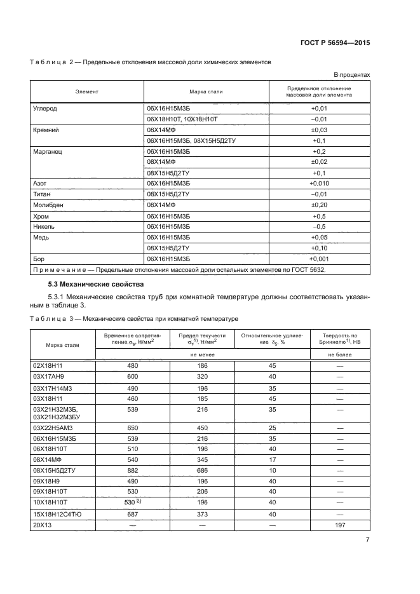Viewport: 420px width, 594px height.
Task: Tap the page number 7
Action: [367, 540]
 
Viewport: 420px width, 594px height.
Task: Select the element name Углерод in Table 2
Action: [44, 109]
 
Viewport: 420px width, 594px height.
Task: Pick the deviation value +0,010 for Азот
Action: [319, 184]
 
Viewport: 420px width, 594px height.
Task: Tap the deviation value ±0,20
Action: [319, 206]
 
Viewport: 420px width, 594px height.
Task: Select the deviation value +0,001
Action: [319, 260]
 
